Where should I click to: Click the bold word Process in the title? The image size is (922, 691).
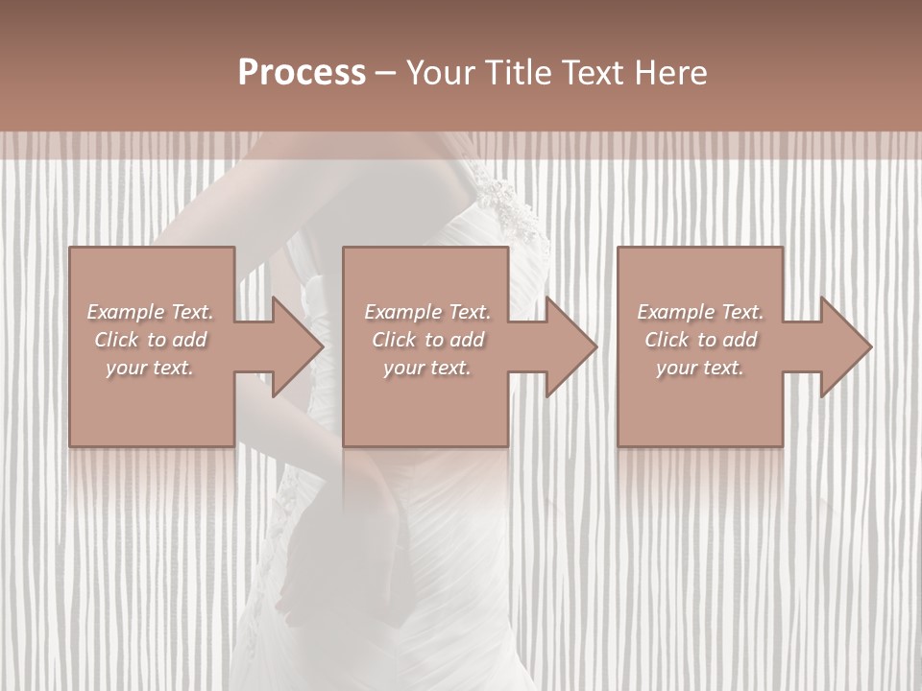pyautogui.click(x=302, y=73)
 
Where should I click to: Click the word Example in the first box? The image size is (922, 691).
pyautogui.click(x=125, y=312)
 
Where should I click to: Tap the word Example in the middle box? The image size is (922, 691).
pyautogui.click(x=402, y=312)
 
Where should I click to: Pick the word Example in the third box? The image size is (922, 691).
pyautogui.click(x=675, y=312)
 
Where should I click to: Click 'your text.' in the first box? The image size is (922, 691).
pyautogui.click(x=149, y=368)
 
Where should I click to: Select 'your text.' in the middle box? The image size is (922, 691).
pyautogui.click(x=426, y=368)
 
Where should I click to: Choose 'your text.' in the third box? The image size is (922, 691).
pyautogui.click(x=699, y=368)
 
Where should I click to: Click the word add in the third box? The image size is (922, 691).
pyautogui.click(x=740, y=340)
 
